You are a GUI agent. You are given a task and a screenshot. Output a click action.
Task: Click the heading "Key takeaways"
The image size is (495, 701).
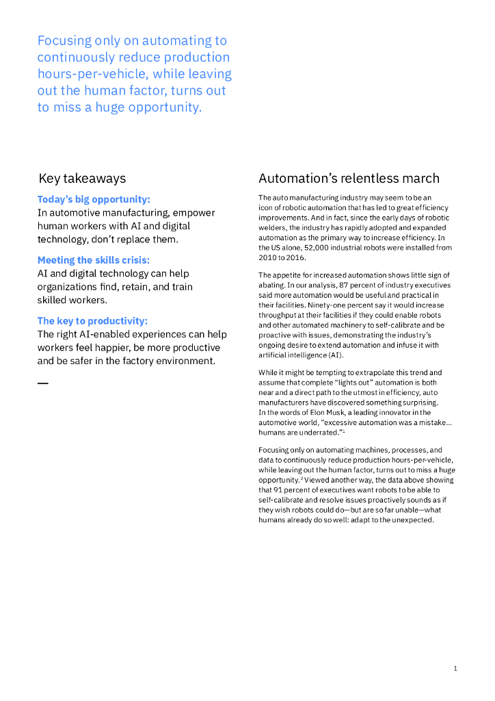[x=82, y=179]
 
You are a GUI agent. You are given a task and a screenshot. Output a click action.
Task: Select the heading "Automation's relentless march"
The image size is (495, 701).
[x=349, y=179]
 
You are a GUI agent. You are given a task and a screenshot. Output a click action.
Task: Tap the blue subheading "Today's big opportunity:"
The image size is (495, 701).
[x=94, y=199]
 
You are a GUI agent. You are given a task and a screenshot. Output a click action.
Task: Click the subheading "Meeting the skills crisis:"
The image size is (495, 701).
[x=93, y=260]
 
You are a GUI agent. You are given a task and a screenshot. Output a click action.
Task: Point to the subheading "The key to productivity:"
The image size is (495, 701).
[x=92, y=320]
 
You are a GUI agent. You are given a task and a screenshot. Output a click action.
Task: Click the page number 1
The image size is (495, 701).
[x=455, y=668]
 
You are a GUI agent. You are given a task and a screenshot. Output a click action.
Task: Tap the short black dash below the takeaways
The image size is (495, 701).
[x=42, y=383]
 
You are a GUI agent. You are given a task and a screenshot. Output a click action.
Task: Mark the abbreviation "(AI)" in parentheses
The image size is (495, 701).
[x=335, y=355]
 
